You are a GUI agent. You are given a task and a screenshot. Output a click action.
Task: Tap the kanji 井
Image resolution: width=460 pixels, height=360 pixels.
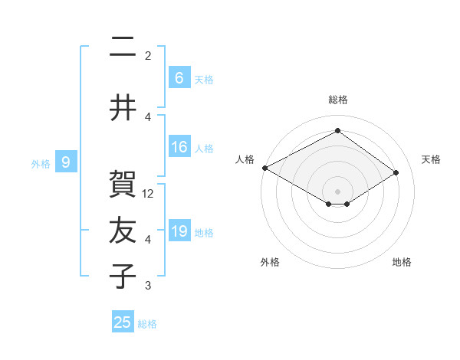pyautogui.click(x=123, y=108)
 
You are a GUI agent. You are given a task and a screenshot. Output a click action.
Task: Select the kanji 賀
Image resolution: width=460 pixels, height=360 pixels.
pyautogui.click(x=123, y=185)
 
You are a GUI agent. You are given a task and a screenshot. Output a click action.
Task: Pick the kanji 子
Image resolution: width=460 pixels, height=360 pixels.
pyautogui.click(x=123, y=277)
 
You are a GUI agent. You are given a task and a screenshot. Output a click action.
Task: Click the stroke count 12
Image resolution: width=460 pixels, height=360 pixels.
pyautogui.click(x=149, y=194)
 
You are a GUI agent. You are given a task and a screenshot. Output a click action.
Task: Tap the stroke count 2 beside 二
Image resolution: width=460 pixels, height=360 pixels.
pyautogui.click(x=148, y=56)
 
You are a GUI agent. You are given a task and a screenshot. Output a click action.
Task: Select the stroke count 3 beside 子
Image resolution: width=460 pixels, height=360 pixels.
pyautogui.click(x=148, y=286)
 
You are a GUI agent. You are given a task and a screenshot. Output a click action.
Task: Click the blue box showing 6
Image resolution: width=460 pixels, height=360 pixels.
pyautogui.click(x=179, y=78)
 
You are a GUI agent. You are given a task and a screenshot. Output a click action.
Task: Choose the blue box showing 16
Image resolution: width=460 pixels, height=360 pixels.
pyautogui.click(x=179, y=147)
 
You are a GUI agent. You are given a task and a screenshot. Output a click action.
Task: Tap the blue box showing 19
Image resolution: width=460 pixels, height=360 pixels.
pyautogui.click(x=179, y=231)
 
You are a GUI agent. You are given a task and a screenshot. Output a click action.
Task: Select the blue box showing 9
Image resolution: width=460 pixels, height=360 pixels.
pyautogui.click(x=66, y=162)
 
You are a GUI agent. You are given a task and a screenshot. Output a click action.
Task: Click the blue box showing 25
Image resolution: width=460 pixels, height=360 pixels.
pyautogui.click(x=123, y=322)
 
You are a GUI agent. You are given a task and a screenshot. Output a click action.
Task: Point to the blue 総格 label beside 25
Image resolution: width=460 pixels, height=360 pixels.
pyautogui.click(x=148, y=324)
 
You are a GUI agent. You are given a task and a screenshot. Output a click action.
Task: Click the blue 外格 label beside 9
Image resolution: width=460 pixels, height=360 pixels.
pyautogui.click(x=41, y=163)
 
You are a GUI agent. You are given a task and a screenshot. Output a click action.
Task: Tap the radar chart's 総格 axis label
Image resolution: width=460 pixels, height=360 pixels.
pyautogui.click(x=337, y=100)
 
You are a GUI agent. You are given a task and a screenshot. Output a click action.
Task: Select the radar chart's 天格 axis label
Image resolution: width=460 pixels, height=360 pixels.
pyautogui.click(x=431, y=159)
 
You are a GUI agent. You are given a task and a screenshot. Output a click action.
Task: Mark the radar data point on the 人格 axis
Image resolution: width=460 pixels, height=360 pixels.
pyautogui.click(x=264, y=168)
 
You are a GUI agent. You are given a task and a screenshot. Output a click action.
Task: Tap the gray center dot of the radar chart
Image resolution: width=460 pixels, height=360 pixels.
pyautogui.click(x=337, y=191)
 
